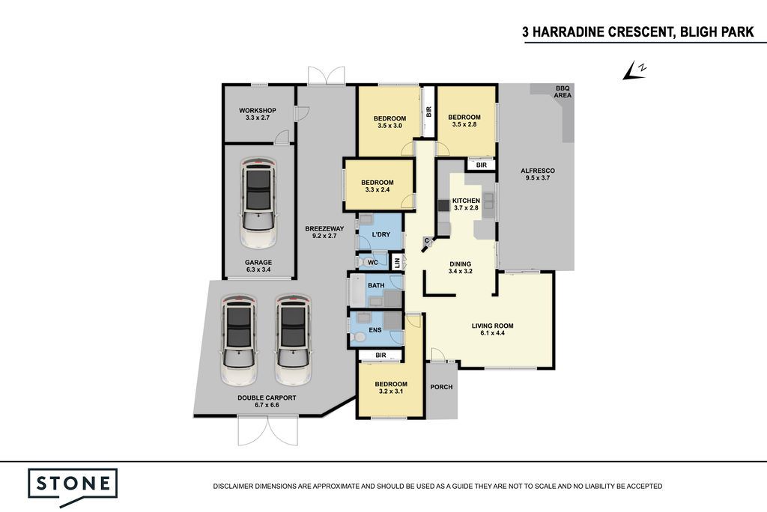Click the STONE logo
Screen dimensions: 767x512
point(73,487)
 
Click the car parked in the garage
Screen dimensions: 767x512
point(258,203)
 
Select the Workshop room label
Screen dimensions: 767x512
point(258,114)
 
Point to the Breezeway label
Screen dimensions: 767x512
point(324,232)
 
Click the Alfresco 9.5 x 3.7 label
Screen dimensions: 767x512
point(538,174)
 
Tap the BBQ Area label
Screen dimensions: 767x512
point(562,92)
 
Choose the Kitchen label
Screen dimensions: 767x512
point(466,204)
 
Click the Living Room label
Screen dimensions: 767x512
point(493,329)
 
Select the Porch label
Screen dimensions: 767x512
point(441,387)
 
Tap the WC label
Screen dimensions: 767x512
point(373,263)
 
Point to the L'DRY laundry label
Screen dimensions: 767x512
point(381,234)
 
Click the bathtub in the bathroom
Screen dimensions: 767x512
point(357,290)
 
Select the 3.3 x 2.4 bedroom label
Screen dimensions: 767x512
point(378,186)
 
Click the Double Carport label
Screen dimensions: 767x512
point(267,401)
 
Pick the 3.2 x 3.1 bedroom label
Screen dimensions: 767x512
point(391,387)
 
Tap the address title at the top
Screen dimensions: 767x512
point(638,32)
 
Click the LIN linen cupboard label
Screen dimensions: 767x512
point(397,263)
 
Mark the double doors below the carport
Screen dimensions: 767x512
point(267,430)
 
